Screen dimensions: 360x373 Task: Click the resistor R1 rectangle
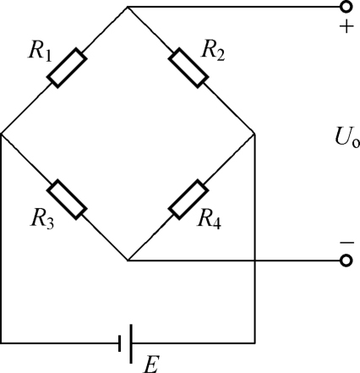(67, 68)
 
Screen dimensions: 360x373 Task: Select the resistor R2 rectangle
(188, 68)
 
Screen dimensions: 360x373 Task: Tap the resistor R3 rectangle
(67, 200)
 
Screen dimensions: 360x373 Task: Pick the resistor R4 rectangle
(188, 200)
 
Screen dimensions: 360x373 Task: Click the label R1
(40, 52)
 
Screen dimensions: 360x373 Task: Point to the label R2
(213, 52)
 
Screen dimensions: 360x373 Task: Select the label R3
(42, 218)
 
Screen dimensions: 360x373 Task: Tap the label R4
(210, 219)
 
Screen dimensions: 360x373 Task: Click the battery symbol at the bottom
(126, 343)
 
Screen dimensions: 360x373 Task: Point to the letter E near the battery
(151, 365)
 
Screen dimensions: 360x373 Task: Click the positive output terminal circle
(346, 7)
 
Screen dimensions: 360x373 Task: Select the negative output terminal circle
(346, 261)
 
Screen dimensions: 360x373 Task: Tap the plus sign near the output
(346, 27)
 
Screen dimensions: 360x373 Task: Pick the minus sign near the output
(346, 243)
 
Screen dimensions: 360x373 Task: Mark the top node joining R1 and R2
(128, 7)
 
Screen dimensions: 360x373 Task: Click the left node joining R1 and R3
(2, 134)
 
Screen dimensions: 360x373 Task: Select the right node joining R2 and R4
(254, 134)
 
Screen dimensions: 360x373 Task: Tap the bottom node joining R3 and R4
(128, 261)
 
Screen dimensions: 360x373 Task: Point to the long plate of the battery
(131, 343)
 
